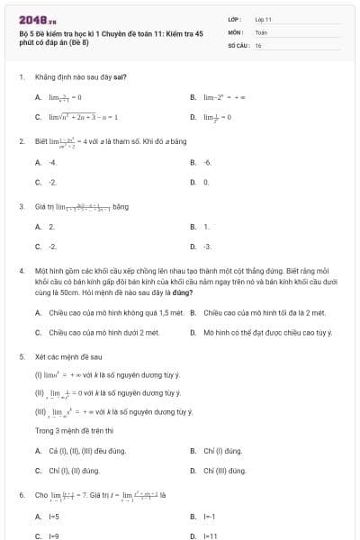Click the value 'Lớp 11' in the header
click(263, 19)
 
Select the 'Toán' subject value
click(261, 31)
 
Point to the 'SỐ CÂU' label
click(237, 44)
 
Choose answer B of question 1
click(220, 97)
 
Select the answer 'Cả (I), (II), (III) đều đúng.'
click(86, 450)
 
